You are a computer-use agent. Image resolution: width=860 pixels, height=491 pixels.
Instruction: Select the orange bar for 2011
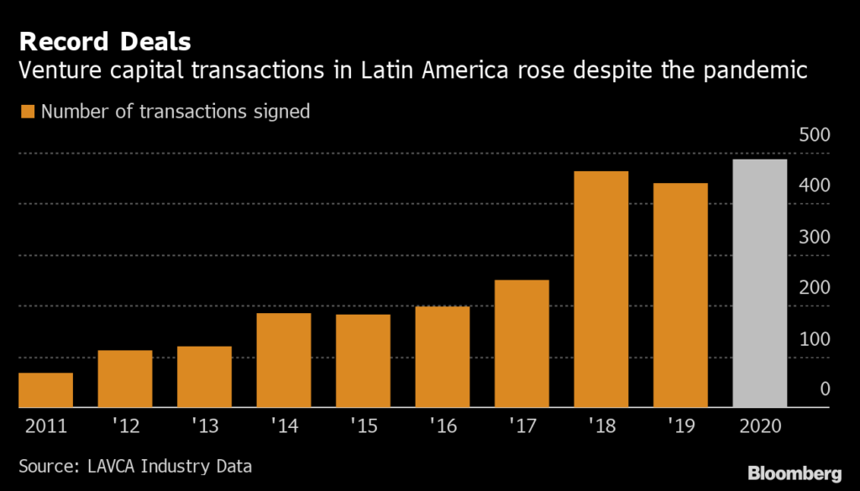point(45,390)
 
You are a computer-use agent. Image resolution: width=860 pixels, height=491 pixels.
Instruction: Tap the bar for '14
point(284,361)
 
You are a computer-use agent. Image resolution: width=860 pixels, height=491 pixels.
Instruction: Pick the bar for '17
point(522,344)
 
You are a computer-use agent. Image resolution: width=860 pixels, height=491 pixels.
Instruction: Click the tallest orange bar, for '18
point(600,290)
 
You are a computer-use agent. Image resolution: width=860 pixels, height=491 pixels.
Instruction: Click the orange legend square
point(28,112)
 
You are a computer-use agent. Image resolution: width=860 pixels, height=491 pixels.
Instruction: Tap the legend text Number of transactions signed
point(176,112)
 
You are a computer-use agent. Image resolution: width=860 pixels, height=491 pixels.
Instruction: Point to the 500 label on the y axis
point(814,135)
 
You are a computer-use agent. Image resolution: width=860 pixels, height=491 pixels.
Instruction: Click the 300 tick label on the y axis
point(814,238)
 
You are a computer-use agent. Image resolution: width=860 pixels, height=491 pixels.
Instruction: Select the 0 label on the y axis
point(825,389)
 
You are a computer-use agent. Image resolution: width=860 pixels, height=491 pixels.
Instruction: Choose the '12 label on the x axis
point(125,426)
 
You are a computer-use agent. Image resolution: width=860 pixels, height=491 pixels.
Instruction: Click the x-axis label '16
point(442,426)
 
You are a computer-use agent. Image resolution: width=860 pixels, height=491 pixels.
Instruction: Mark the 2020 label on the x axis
point(760,426)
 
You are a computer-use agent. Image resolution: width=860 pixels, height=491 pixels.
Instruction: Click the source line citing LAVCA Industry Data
point(135,464)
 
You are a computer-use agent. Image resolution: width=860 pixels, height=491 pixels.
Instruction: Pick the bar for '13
point(204,377)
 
